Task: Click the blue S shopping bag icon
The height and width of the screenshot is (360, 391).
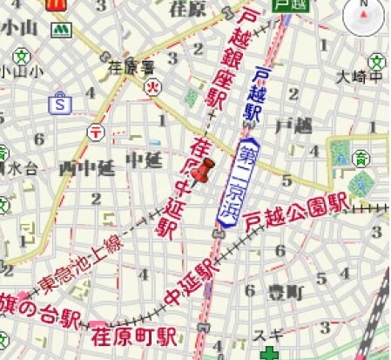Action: (59, 103)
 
